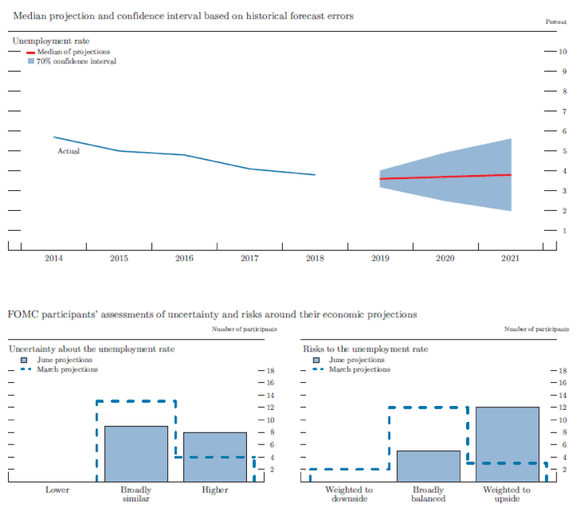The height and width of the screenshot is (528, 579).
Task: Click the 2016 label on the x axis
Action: tap(184, 259)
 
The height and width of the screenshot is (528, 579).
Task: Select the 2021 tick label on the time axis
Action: tap(511, 259)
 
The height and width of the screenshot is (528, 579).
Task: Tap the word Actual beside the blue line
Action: tap(68, 151)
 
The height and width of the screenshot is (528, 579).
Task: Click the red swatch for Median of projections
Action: tap(31, 52)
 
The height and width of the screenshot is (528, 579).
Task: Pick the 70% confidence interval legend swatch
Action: tap(31, 61)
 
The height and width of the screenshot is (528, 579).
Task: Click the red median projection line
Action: tap(445, 177)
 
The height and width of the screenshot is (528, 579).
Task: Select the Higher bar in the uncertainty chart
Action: tap(214, 457)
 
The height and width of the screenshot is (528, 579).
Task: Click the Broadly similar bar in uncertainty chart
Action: tap(136, 454)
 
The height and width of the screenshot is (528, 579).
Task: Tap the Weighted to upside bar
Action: tap(507, 444)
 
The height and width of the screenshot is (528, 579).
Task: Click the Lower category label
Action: tap(57, 490)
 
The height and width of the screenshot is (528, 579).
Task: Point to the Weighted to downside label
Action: tap(349, 494)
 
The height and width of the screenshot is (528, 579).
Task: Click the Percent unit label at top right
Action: tap(556, 22)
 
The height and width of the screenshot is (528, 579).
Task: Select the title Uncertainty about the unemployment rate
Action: tap(91, 349)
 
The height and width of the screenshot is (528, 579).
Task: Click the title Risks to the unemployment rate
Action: tap(365, 349)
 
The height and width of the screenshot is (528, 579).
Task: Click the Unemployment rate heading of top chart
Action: tap(50, 41)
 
